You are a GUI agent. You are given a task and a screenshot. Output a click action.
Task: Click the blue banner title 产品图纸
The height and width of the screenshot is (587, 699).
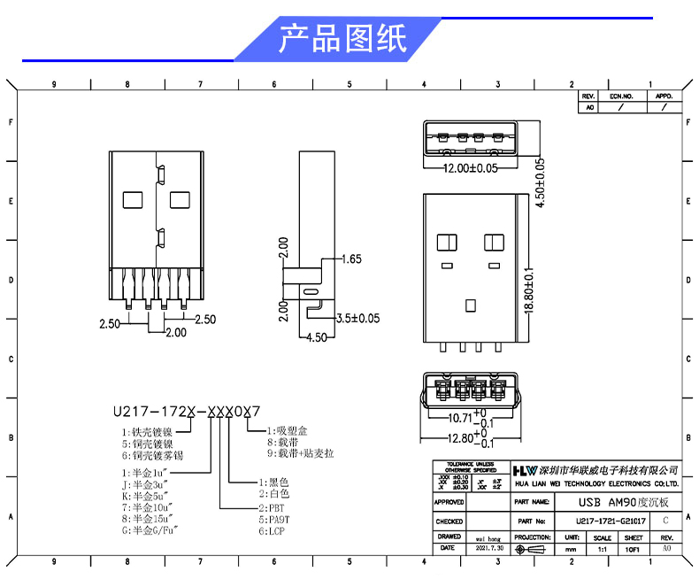[342, 40]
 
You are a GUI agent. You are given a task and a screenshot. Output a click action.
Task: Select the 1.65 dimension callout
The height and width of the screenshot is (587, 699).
[351, 259]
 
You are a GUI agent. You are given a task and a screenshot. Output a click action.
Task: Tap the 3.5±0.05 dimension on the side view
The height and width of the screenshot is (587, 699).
[357, 318]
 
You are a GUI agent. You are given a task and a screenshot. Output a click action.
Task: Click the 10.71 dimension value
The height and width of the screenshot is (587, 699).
[460, 416]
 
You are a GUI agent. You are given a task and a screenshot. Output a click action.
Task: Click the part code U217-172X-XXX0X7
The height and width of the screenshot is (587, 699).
[187, 411]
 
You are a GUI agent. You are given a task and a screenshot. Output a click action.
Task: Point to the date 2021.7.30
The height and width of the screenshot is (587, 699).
[488, 548]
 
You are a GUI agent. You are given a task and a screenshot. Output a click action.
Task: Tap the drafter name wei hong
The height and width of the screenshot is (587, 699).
[488, 537]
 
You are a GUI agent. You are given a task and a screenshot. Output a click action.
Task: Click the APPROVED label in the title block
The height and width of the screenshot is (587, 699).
[449, 502]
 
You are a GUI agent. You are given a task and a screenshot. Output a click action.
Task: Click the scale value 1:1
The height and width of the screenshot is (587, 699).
[602, 549]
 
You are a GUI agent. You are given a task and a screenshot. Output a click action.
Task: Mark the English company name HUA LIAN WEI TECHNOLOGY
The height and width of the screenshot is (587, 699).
[596, 483]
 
